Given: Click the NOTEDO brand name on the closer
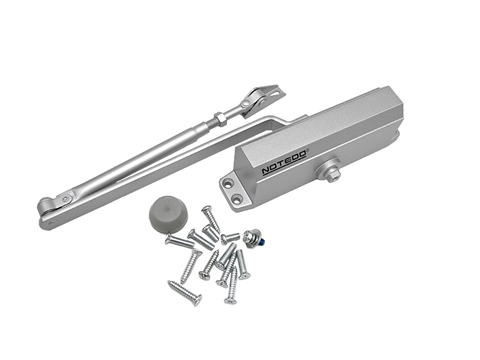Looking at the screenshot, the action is point(284,162).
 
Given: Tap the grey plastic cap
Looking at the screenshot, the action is point(168,211).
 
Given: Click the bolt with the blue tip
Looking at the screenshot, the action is point(255,237).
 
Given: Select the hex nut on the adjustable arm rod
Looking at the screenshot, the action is point(220,119).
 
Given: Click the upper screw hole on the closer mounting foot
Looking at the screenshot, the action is point(228,183).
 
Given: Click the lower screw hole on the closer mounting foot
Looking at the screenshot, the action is point(238,198).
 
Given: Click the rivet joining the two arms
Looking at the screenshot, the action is point(66,199).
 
